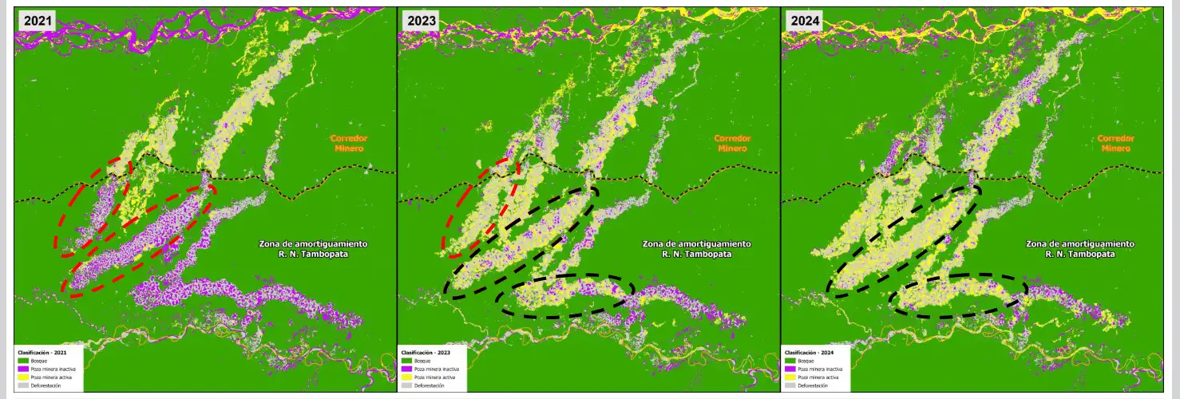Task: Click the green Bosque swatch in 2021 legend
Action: tap(23, 361)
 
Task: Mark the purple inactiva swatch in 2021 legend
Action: tap(23, 369)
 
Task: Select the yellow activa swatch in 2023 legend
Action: tap(407, 377)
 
